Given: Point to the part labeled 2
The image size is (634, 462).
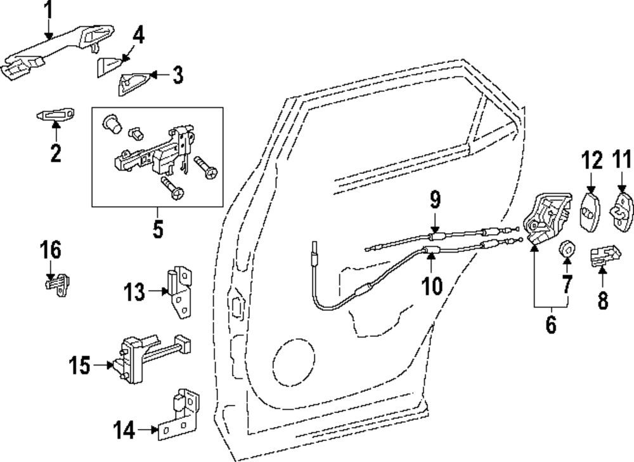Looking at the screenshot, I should [55, 114].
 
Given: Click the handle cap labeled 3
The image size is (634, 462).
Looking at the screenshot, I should [134, 82].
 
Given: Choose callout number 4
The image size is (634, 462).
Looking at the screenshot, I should [138, 36].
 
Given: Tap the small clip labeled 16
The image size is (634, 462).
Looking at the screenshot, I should [57, 282].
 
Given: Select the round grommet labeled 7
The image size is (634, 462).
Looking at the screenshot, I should [566, 249].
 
